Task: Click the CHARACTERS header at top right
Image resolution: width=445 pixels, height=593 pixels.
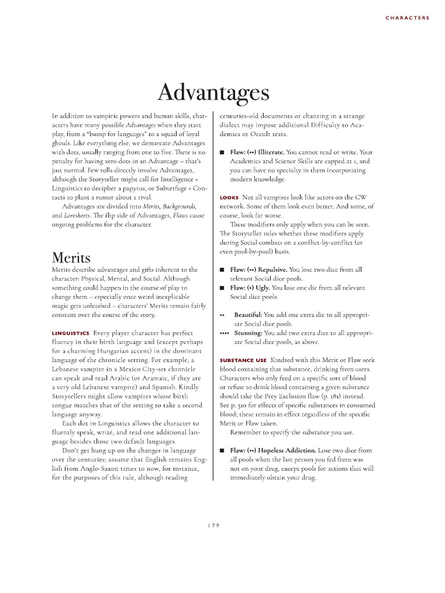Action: (x=408, y=18)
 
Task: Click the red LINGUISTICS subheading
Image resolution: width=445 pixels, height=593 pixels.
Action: (x=70, y=334)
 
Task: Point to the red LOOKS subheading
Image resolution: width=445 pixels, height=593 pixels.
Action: (x=229, y=197)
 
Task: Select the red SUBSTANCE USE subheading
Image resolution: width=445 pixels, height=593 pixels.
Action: (x=243, y=360)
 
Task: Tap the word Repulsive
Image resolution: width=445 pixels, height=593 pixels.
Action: (x=272, y=269)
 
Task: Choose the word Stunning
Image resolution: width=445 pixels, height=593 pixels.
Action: (x=248, y=333)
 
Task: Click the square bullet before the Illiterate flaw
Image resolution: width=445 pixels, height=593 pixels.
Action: (x=222, y=152)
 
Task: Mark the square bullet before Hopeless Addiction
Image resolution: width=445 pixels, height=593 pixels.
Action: (x=222, y=450)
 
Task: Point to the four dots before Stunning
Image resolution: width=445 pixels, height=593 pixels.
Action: (x=224, y=333)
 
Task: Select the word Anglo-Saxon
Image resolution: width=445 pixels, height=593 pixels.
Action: (x=97, y=468)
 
